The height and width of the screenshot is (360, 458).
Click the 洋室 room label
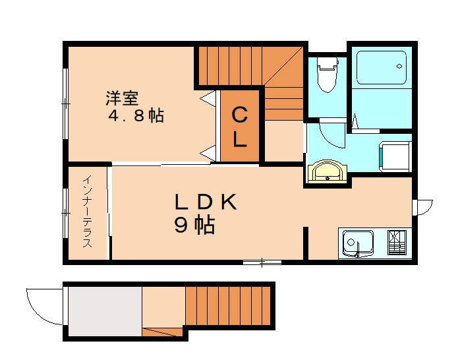tap(122, 99)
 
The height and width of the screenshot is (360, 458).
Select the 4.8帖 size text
tap(136, 117)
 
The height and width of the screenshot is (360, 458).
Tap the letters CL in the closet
tap(240, 127)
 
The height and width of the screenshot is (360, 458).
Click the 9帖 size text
tap(194, 225)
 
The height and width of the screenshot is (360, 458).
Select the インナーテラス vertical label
tap(87, 212)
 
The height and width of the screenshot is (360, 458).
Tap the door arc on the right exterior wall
tap(422, 206)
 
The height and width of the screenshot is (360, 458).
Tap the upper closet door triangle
tap(209, 100)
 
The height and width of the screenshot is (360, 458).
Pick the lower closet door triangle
tap(209, 153)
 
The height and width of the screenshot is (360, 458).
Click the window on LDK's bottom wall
tap(262, 262)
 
